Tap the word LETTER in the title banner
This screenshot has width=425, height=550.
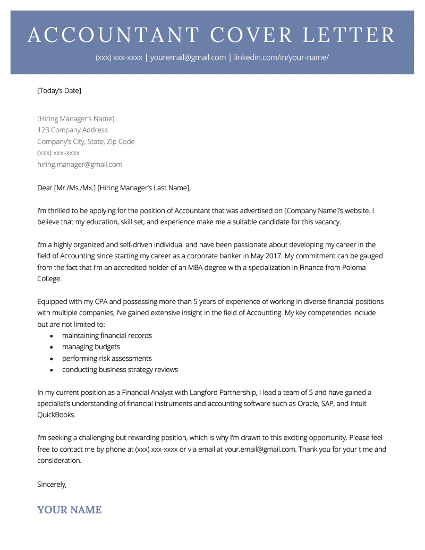tap(349, 35)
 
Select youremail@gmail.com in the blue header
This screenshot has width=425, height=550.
tap(188, 57)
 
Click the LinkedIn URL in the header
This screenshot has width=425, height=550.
tap(282, 57)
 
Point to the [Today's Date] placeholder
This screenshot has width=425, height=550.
tap(59, 90)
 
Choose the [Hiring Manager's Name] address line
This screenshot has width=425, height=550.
tap(75, 119)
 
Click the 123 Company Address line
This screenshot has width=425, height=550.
tap(72, 130)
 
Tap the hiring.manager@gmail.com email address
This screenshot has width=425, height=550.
tap(80, 164)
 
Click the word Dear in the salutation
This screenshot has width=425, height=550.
tap(45, 188)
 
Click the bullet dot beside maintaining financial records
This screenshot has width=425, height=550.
tap(52, 336)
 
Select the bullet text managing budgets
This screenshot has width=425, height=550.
tap(91, 347)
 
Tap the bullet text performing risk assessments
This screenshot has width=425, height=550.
tap(107, 358)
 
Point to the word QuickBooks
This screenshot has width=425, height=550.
tap(56, 414)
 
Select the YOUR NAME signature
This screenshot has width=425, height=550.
tap(69, 510)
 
